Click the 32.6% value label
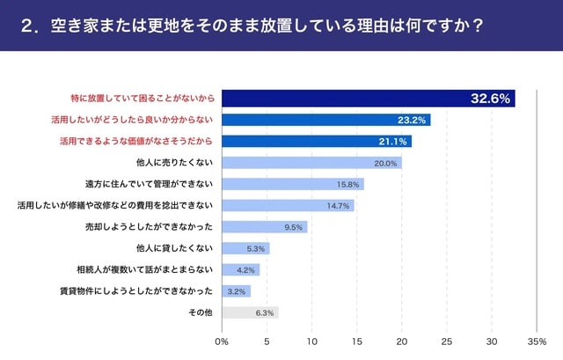(490, 99)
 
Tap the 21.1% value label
(392, 141)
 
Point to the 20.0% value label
(385, 163)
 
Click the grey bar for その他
(250, 312)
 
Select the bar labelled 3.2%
(236, 290)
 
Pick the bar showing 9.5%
(264, 227)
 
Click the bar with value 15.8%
(292, 184)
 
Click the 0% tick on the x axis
(222, 341)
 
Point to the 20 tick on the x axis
(402, 341)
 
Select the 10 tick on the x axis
(312, 341)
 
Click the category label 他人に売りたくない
(175, 163)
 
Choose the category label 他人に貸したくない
(175, 248)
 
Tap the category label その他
(201, 312)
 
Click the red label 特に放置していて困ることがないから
(142, 99)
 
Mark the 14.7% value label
(339, 206)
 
